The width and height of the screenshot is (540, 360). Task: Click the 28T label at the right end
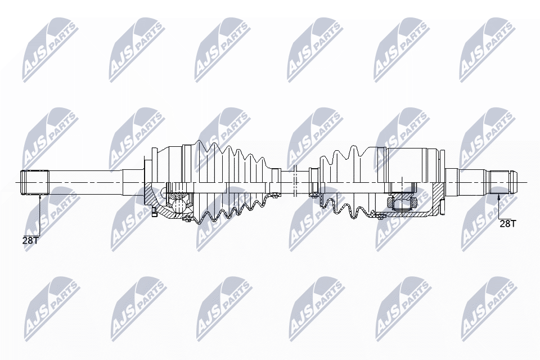pyautogui.click(x=507, y=223)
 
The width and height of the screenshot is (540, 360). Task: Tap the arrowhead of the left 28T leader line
pyautogui.click(x=40, y=196)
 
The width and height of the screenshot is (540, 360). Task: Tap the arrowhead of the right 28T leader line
pyautogui.click(x=499, y=196)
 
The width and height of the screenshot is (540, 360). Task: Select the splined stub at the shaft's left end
pyautogui.click(x=35, y=182)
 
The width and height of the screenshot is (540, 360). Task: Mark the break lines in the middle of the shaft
pyautogui.click(x=295, y=181)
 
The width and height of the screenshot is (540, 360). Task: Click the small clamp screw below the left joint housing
pyautogui.click(x=153, y=211)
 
